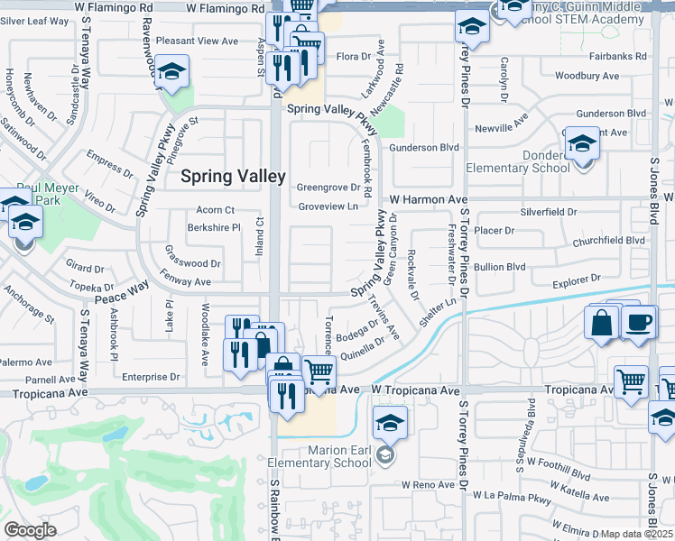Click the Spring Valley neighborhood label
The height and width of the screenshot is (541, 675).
[x=234, y=177]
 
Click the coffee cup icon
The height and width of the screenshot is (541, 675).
[x=638, y=323]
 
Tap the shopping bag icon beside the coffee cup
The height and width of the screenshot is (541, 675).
[x=602, y=323]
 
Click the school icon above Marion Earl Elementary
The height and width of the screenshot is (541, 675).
[x=390, y=423]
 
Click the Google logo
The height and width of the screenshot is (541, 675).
[x=30, y=530]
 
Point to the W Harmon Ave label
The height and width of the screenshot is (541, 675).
[x=429, y=199]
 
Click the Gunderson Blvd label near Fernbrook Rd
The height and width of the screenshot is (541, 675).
[x=425, y=147]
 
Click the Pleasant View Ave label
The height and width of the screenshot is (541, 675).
[x=197, y=41]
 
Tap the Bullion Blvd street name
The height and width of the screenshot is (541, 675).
[x=500, y=267]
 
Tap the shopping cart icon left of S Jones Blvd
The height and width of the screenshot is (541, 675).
[x=631, y=381]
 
